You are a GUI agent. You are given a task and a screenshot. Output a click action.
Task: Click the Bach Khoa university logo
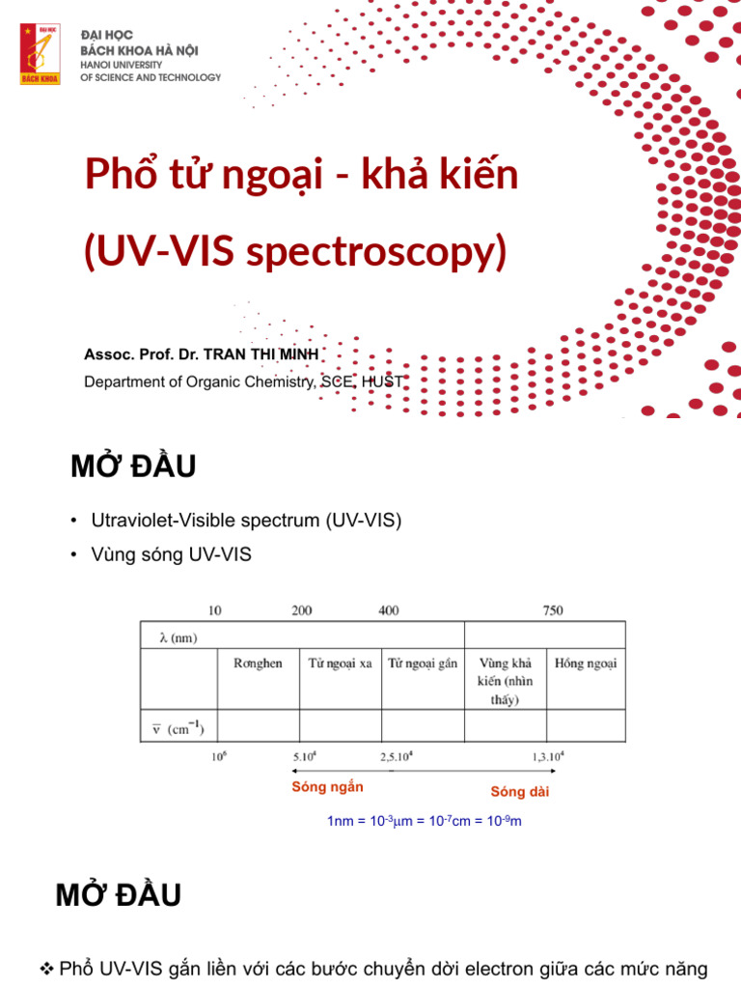coord(40,54)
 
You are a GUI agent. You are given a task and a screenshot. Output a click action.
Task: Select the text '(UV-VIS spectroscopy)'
coord(295,251)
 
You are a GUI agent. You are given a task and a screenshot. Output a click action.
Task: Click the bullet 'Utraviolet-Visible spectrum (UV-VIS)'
coord(245,521)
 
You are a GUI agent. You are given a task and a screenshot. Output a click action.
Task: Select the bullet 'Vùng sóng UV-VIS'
coord(171,555)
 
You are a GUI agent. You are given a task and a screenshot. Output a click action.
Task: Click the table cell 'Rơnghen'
coord(258,664)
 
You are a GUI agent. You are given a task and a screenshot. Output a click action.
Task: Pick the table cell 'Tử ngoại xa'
coord(340,664)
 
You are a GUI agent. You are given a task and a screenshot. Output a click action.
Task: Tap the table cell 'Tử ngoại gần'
coord(423,664)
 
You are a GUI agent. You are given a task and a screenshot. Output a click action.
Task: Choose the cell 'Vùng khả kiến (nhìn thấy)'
coord(505,681)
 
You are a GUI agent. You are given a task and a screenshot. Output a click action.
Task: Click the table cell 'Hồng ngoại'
coord(586,664)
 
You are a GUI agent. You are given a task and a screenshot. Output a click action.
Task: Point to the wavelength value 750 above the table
coord(553,610)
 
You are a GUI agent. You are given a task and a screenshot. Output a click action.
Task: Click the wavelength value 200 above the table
coord(302,610)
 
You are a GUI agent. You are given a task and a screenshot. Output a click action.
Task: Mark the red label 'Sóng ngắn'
coord(327,787)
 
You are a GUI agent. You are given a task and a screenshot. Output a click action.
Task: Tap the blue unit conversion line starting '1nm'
coord(425,822)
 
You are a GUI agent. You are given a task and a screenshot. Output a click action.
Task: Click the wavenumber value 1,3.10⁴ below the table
coord(547,757)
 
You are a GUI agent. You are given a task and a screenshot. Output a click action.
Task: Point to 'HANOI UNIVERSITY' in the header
coord(122,64)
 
